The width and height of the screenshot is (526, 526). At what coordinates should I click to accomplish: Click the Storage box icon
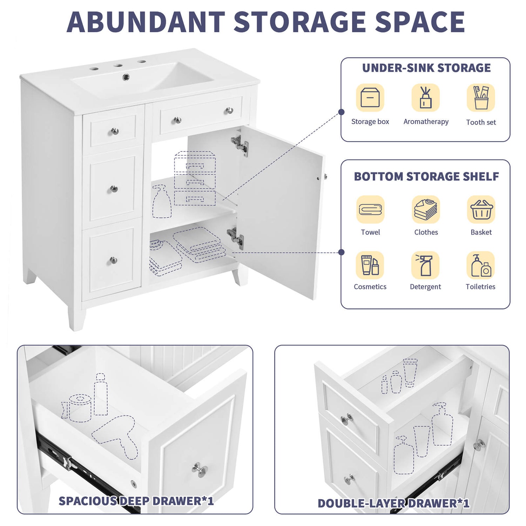(370, 97)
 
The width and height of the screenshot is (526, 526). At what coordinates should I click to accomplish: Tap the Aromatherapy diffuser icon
(425, 97)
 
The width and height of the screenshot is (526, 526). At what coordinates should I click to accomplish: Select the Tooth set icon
(481, 97)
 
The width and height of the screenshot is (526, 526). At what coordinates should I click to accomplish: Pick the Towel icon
(370, 209)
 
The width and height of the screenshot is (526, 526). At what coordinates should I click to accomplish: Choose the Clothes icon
(426, 209)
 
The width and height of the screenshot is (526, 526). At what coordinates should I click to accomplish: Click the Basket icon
(481, 209)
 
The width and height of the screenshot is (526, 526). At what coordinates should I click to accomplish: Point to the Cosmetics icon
(370, 265)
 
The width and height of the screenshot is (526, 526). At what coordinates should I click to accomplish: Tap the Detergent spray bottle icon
(425, 265)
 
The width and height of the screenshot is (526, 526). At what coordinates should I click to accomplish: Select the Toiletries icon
(481, 265)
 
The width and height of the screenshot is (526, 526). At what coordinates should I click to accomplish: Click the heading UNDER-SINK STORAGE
(426, 68)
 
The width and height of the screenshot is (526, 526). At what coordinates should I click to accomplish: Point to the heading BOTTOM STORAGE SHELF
(426, 176)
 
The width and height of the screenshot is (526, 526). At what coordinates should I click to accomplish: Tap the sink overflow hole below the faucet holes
(126, 77)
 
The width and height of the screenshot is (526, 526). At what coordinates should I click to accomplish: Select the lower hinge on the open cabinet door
(236, 237)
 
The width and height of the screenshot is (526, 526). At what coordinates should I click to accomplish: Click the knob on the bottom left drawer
(113, 260)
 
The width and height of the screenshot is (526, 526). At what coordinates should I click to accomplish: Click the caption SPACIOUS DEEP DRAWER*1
(136, 501)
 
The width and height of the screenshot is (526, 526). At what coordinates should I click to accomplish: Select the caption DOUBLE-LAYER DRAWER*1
(393, 503)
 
